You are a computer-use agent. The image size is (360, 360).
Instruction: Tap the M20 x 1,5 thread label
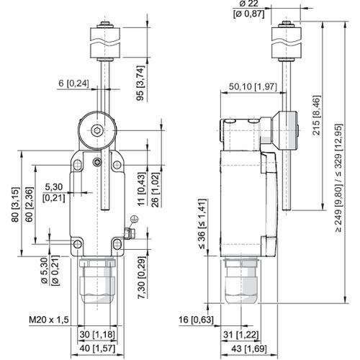(x=49, y=320)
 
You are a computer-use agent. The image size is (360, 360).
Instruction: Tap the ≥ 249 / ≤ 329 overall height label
(x=339, y=178)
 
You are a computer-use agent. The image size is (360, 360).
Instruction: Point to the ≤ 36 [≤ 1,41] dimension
(x=202, y=224)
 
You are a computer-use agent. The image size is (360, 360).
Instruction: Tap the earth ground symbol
(x=134, y=219)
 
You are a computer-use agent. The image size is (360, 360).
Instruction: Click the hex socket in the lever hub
(x=97, y=130)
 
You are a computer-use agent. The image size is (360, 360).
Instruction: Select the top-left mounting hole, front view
(x=77, y=165)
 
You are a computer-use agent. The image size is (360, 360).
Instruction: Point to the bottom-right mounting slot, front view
(x=117, y=244)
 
